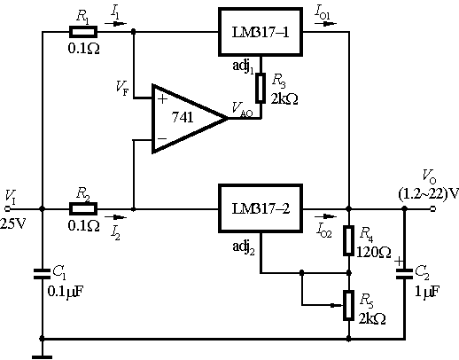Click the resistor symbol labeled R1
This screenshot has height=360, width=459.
[x=83, y=32]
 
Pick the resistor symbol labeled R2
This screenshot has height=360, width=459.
[x=83, y=208]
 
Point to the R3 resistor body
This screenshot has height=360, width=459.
[x=261, y=88]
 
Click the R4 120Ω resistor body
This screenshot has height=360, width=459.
[x=349, y=240]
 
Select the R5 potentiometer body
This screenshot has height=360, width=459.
[x=349, y=305]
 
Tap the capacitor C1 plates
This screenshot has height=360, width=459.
[x=42, y=274]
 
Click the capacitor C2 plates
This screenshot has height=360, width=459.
[x=404, y=274]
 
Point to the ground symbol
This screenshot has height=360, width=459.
[x=42, y=357]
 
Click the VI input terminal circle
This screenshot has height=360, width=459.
[x=7, y=209]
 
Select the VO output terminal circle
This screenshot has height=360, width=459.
[x=432, y=209]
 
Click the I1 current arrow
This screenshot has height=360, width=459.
[x=115, y=24]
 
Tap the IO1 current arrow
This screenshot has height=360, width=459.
[x=325, y=24]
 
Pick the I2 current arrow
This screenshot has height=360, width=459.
[x=115, y=217]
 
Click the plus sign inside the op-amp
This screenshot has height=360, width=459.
[x=162, y=98]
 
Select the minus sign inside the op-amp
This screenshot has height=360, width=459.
[x=162, y=138]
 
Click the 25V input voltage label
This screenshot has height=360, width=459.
[x=13, y=223]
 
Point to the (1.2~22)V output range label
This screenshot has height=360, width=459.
[x=429, y=194]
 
